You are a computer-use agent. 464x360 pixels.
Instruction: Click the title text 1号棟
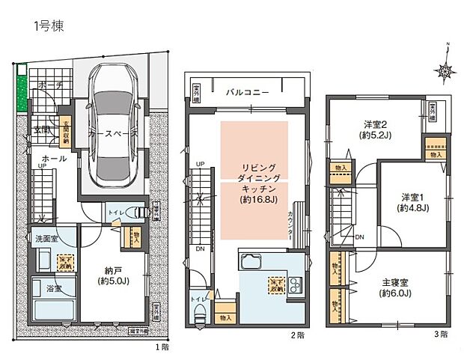click(x=48, y=27)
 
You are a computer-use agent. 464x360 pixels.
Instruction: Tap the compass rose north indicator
click(x=447, y=71)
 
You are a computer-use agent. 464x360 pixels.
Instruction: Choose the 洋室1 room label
click(x=414, y=203)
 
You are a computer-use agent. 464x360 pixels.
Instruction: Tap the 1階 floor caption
click(x=162, y=347)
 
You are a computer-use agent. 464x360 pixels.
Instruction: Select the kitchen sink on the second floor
click(x=249, y=263)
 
